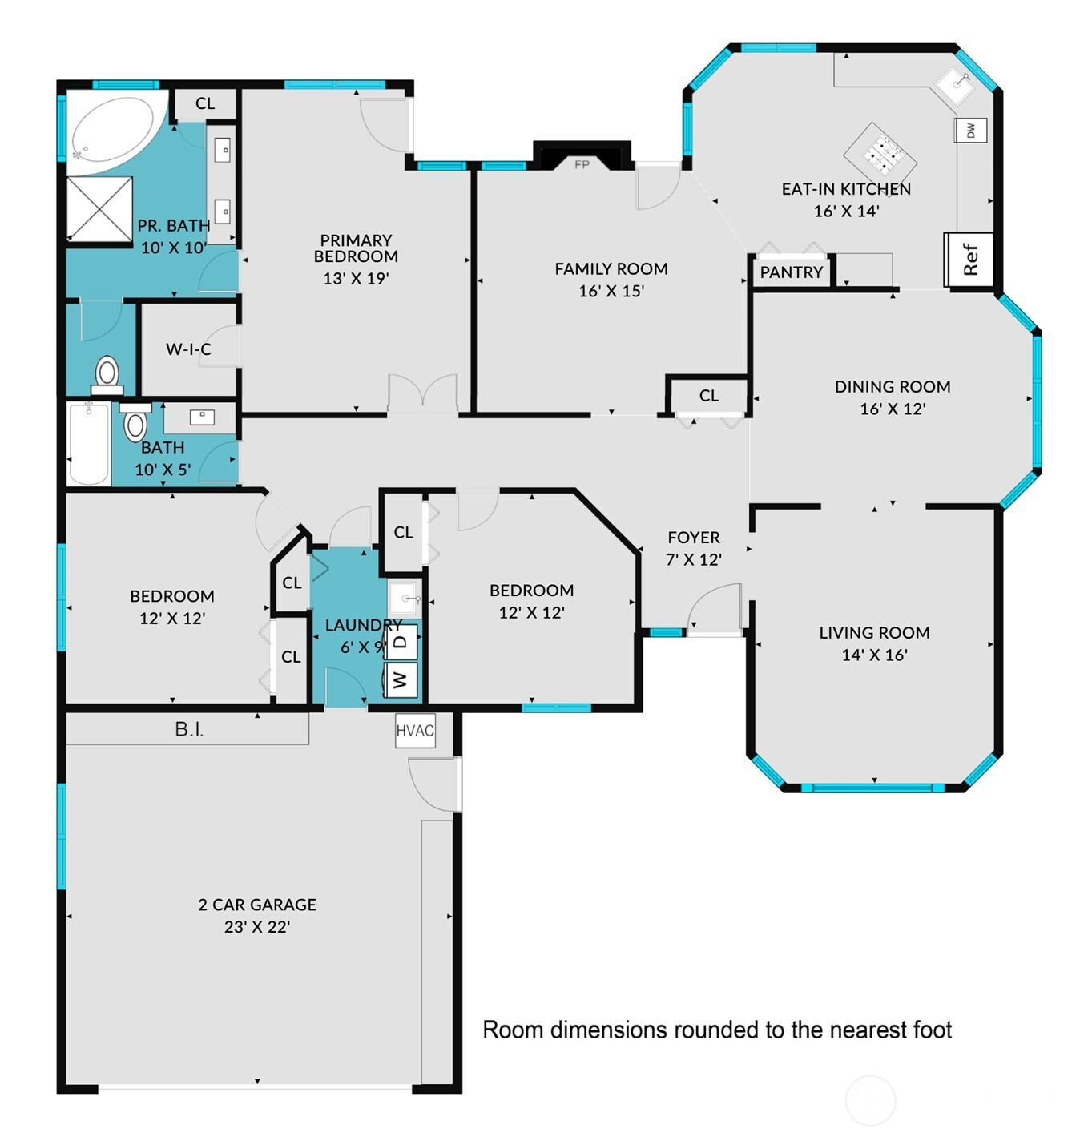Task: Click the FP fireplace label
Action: click(x=582, y=164)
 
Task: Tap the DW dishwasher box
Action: click(x=970, y=130)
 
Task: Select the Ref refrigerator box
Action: click(x=969, y=259)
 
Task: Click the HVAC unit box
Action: click(x=415, y=731)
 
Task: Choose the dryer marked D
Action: click(x=401, y=640)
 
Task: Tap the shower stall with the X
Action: click(x=99, y=208)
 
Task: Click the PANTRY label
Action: click(x=791, y=272)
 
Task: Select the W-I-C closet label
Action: click(x=188, y=349)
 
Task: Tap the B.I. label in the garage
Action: click(x=189, y=729)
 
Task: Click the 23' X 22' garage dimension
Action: click(x=257, y=927)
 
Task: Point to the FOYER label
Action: click(x=694, y=538)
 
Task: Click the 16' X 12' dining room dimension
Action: click(x=893, y=409)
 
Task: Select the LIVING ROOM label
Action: click(x=874, y=632)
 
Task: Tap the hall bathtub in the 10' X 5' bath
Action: click(x=88, y=445)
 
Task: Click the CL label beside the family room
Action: click(x=708, y=396)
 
